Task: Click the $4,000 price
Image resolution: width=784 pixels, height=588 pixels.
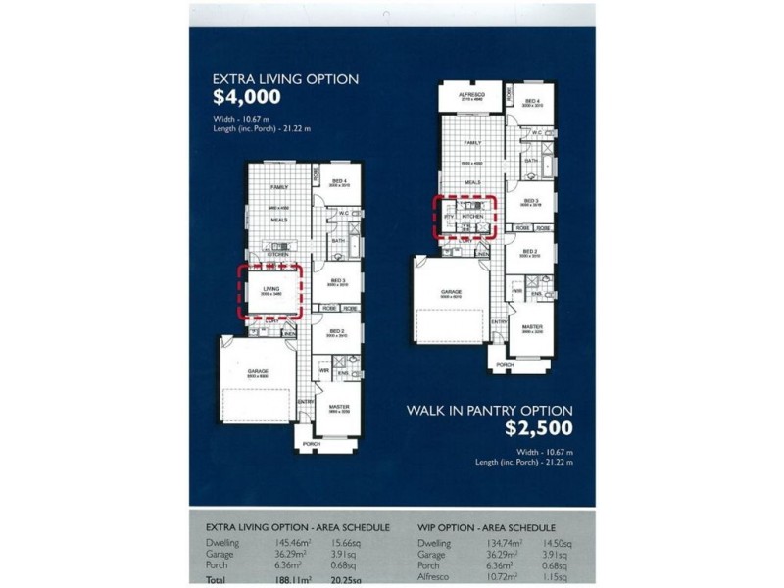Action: (x=247, y=97)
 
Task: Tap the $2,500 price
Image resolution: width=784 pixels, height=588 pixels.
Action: (x=538, y=427)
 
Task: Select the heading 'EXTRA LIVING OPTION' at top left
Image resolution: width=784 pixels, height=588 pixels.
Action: (x=285, y=78)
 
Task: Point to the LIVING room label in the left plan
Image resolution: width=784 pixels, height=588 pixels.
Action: (x=271, y=288)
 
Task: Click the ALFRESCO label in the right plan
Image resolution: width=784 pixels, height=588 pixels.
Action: (x=471, y=94)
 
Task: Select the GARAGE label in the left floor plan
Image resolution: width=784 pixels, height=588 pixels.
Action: (x=258, y=371)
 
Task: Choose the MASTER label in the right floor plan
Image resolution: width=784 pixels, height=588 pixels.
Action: (x=531, y=327)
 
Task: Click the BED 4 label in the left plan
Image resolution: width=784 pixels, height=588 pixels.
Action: (x=339, y=181)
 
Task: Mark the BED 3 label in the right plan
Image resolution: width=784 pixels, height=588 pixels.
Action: (x=531, y=200)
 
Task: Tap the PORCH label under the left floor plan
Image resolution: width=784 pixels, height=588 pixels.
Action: (x=311, y=443)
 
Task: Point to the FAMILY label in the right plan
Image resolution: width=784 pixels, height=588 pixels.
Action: (x=472, y=142)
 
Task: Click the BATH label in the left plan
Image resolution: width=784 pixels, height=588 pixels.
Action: (x=336, y=240)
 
